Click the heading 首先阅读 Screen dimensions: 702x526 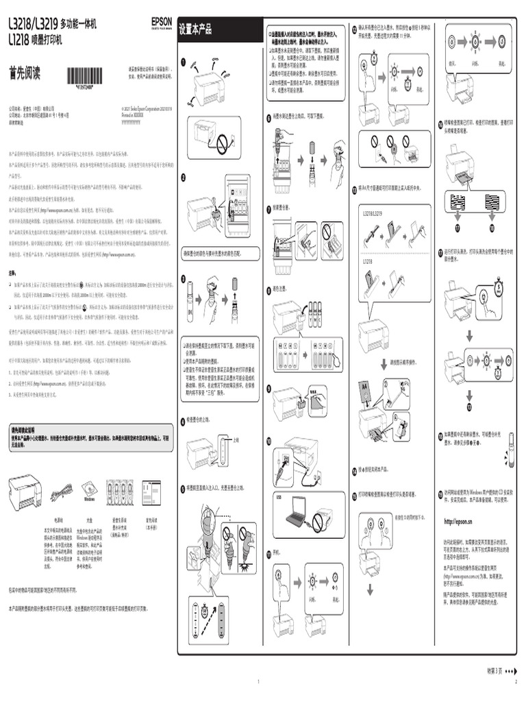(25, 73)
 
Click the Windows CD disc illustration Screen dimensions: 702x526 (89, 490)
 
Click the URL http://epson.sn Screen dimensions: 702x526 (458, 522)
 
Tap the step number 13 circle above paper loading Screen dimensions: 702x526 (353, 188)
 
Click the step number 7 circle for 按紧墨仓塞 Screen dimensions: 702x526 (268, 206)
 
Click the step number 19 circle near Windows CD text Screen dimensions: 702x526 (440, 493)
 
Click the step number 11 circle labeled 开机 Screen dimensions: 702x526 (268, 552)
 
